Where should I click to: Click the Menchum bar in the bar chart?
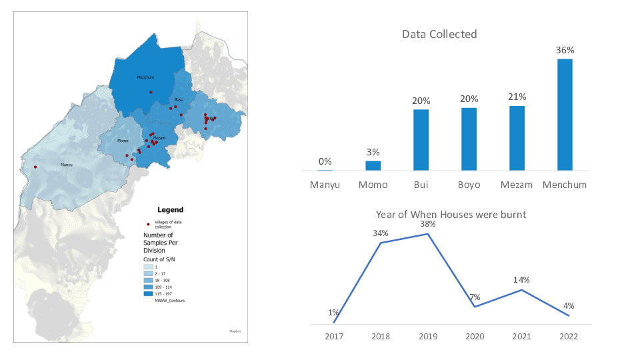(565, 115)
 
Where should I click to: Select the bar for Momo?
(373, 165)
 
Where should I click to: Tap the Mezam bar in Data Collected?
(517, 138)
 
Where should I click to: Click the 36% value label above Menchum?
(565, 50)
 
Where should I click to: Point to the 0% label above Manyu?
(325, 161)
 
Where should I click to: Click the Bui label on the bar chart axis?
(421, 185)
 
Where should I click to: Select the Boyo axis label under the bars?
(469, 185)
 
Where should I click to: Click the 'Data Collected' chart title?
(439, 34)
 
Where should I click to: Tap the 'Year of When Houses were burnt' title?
(451, 214)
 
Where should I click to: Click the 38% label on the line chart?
(427, 224)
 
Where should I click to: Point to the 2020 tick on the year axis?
(474, 336)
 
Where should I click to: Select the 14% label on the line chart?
(521, 280)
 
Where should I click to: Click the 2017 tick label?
(334, 336)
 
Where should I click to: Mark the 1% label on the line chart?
(333, 312)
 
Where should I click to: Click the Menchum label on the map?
(145, 77)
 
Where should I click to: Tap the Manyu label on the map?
(67, 165)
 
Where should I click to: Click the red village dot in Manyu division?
(35, 167)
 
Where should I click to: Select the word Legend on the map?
(170, 209)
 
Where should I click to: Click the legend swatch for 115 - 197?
(149, 293)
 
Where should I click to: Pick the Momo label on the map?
(123, 141)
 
